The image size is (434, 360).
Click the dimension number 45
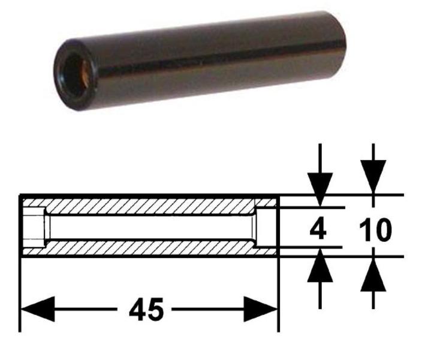click(146, 310)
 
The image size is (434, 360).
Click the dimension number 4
click(318, 229)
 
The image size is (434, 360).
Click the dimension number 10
click(375, 230)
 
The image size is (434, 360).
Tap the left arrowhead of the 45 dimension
click(38, 309)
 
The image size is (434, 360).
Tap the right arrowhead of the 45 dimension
click(260, 309)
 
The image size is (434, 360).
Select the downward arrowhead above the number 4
click(320, 190)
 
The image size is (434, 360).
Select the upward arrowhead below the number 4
click(320, 265)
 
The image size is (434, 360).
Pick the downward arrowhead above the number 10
click(373, 178)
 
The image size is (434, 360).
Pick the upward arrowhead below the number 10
click(373, 274)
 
